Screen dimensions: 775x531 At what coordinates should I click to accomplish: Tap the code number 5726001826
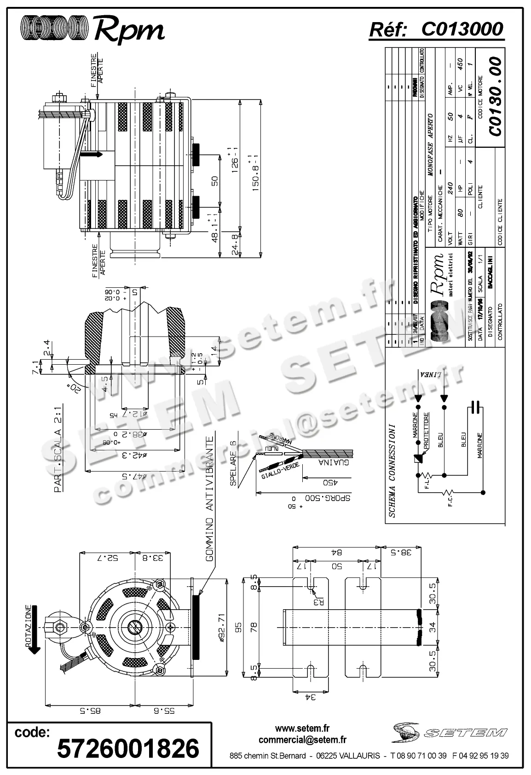(x=128, y=748)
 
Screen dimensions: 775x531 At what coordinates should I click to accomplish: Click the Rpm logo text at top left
(x=129, y=30)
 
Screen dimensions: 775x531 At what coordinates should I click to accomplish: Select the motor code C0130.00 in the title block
(x=495, y=96)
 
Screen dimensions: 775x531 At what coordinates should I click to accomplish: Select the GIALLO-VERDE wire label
(x=280, y=471)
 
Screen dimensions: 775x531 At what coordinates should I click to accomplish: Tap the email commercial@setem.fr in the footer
(x=302, y=740)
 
